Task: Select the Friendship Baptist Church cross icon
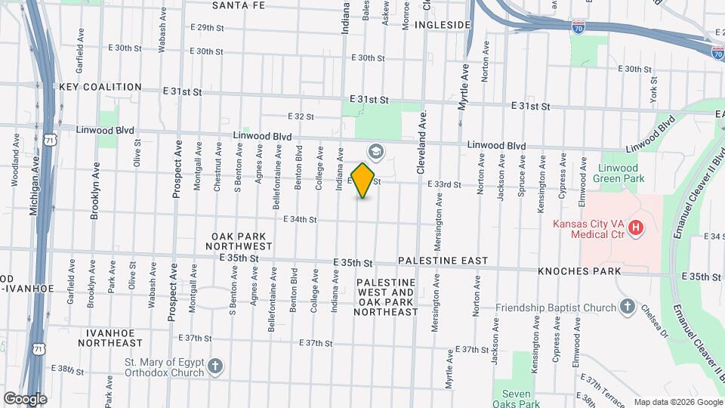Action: [627, 306]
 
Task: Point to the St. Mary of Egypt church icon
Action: [215, 367]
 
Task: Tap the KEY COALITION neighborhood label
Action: [100, 88]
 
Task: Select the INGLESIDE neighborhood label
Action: [443, 25]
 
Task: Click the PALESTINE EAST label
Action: [442, 261]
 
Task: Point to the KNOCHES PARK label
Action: [579, 270]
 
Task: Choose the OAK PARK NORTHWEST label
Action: [242, 241]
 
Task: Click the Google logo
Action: [25, 399]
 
